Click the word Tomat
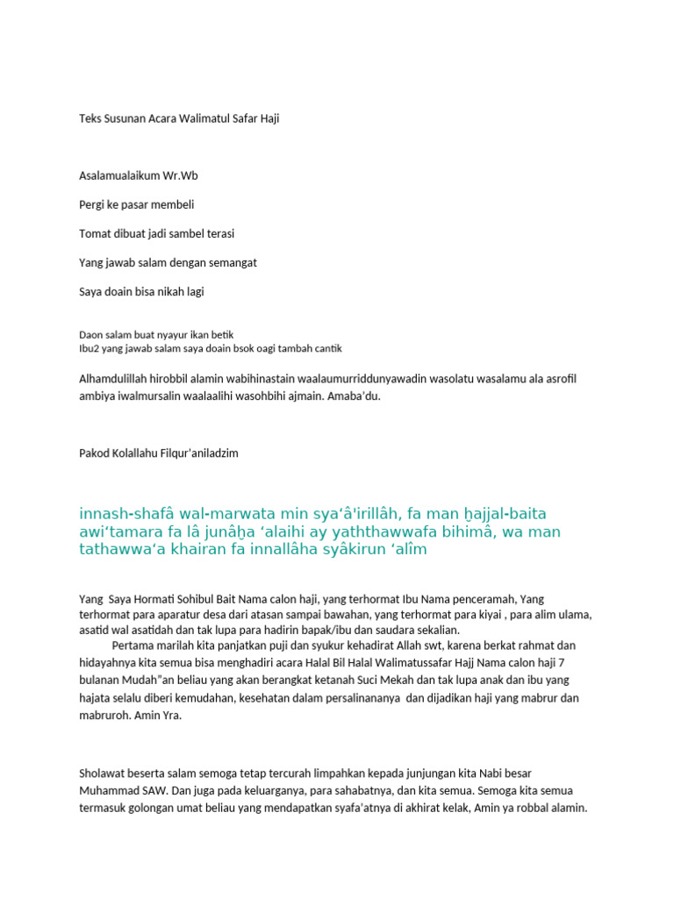[94, 233]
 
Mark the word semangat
[230, 262]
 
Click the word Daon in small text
[90, 334]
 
